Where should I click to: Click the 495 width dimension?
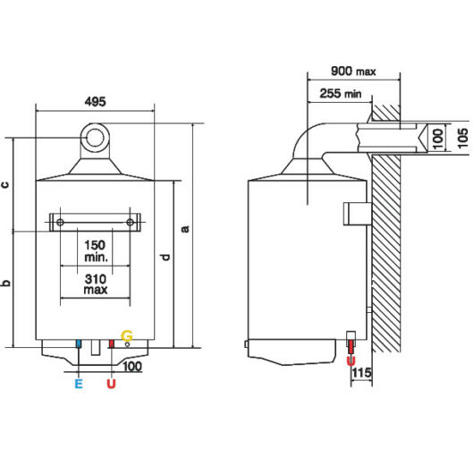coord(95,102)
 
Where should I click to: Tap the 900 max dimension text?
coord(353,72)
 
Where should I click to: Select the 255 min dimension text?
coord(341,93)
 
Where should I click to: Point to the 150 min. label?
coord(96,251)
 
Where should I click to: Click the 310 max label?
coord(96,284)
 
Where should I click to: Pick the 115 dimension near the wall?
coord(361,372)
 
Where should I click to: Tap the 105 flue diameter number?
coord(462,138)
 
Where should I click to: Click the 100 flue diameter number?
coord(437,139)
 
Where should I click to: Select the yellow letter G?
coord(127,336)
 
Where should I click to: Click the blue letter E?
coord(79,384)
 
